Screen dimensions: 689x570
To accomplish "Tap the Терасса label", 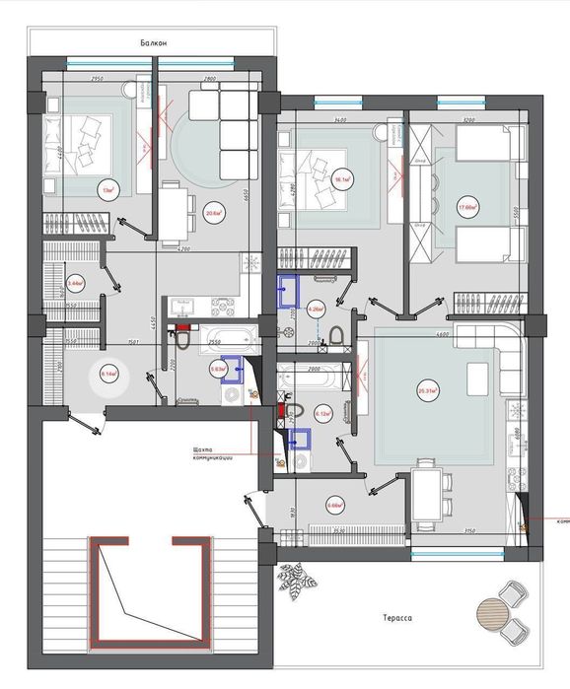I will point(397,619).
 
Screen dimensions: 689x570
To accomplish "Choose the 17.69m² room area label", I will point(467,207).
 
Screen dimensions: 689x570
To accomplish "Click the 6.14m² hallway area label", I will point(107,375).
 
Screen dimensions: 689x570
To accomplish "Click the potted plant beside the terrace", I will point(293,581).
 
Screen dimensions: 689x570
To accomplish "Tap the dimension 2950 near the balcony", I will point(99,78).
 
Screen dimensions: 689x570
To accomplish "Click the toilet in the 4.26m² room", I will point(335,337).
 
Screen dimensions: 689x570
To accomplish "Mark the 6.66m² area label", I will point(333,508).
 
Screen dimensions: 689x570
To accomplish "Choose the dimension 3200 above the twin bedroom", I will point(468,119).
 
